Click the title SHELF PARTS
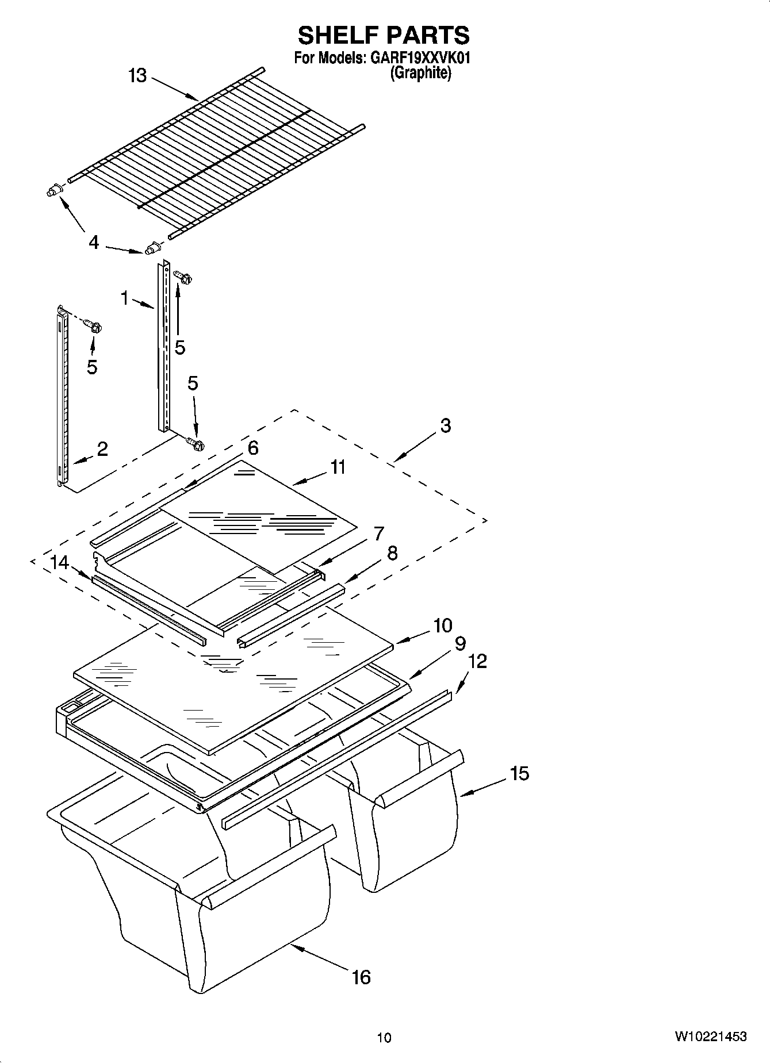click(384, 36)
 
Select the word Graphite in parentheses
click(420, 73)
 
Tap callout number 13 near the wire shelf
click(137, 75)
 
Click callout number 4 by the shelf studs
click(94, 242)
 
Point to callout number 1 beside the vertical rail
click(124, 298)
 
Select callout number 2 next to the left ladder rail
click(102, 449)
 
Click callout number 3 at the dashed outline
click(445, 426)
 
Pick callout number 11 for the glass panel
click(338, 467)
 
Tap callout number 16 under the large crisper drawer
click(361, 977)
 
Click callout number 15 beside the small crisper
click(519, 773)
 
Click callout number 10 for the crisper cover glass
click(443, 625)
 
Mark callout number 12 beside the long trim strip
click(478, 661)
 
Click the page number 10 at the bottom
click(384, 1037)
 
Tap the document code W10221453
click(711, 1037)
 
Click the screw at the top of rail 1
click(184, 278)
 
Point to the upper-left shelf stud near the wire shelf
click(53, 191)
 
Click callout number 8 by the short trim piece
click(392, 553)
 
